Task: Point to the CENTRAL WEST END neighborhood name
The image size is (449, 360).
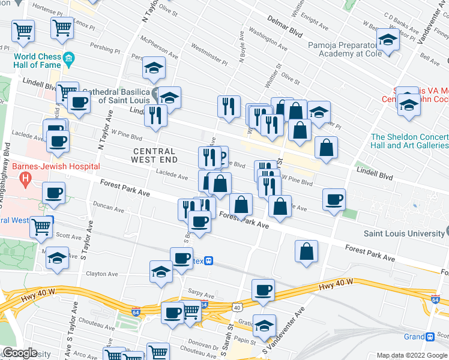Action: (155, 155)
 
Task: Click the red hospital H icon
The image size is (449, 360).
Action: (25, 178)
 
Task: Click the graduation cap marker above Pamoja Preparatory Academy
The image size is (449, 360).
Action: (388, 40)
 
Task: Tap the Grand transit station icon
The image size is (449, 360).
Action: (430, 337)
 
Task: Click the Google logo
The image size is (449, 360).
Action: (20, 352)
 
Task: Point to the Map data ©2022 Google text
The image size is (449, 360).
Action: (411, 355)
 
